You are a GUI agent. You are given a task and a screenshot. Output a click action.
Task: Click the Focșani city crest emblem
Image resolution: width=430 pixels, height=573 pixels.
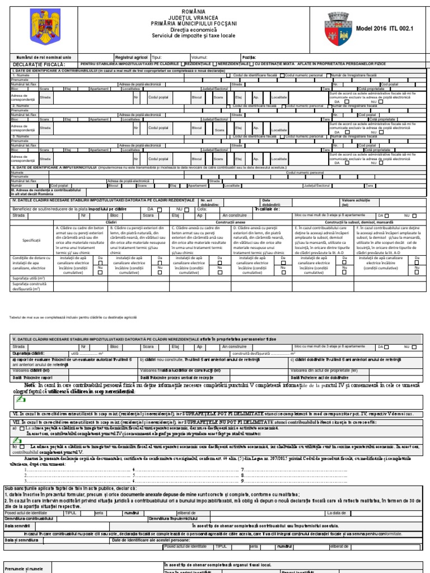pos(341,27)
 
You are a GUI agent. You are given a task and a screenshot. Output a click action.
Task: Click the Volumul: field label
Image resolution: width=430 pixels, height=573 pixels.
pos(199,58)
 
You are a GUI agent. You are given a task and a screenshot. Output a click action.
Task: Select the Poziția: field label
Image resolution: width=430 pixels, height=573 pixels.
pos(249,58)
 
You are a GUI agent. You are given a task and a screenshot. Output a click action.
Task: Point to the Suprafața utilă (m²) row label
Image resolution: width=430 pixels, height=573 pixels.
pos(26,277)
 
